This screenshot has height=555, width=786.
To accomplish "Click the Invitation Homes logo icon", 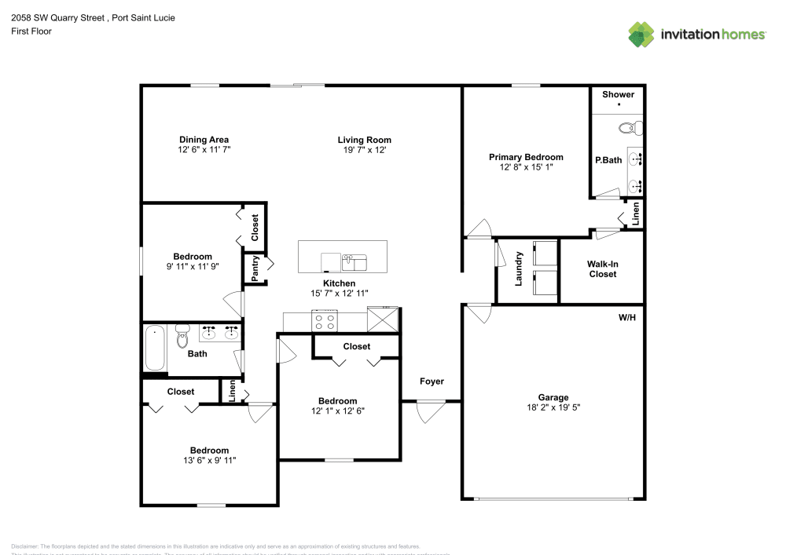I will click(x=641, y=33).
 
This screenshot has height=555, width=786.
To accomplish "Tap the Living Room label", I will click(x=365, y=140).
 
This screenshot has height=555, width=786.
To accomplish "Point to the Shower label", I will click(x=618, y=94).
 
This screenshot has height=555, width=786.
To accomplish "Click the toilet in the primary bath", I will click(x=630, y=127).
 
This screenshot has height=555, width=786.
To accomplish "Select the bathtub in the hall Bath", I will click(x=155, y=348).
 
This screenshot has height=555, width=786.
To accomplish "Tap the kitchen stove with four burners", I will click(x=325, y=320).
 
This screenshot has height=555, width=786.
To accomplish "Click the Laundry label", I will click(x=519, y=268).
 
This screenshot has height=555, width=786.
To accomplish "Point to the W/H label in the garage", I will click(x=627, y=318).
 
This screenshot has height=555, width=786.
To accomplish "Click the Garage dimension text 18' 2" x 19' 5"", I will click(x=553, y=407).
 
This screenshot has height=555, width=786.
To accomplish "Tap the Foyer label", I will click(x=432, y=382).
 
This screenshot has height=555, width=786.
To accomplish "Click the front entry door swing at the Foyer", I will click(x=430, y=411).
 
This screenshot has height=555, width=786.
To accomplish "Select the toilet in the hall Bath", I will click(x=183, y=336).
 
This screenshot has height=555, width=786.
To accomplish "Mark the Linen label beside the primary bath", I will click(x=636, y=212).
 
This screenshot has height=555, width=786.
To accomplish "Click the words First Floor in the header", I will click(x=31, y=31).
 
